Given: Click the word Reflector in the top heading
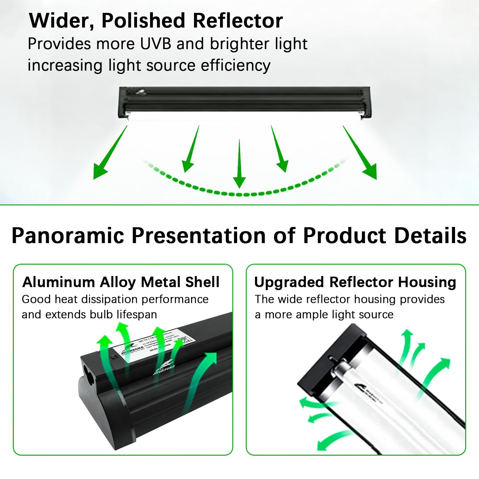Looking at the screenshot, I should (238, 21).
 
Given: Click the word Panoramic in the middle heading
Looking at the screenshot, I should (68, 236).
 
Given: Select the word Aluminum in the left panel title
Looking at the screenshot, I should (59, 282).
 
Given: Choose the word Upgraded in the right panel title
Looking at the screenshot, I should (289, 282).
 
